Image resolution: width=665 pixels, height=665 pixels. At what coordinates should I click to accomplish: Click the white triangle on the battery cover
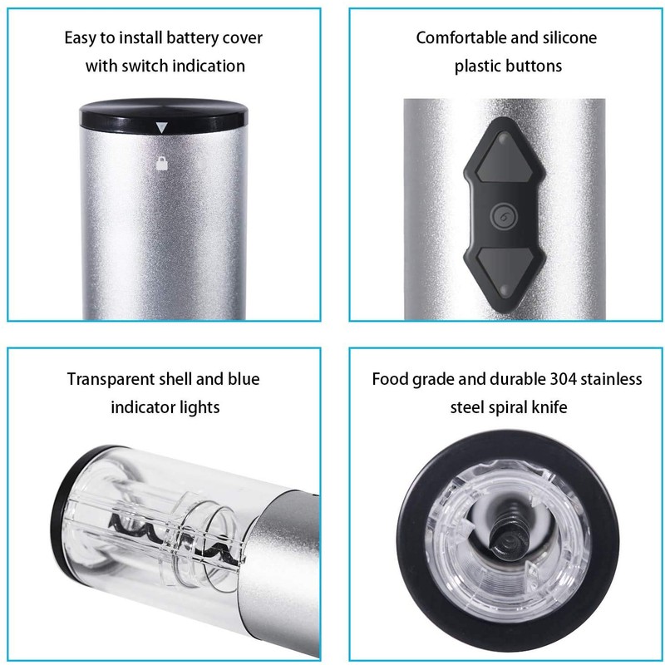tap(162, 129)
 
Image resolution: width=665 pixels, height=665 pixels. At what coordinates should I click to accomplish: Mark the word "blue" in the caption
tap(241, 380)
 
